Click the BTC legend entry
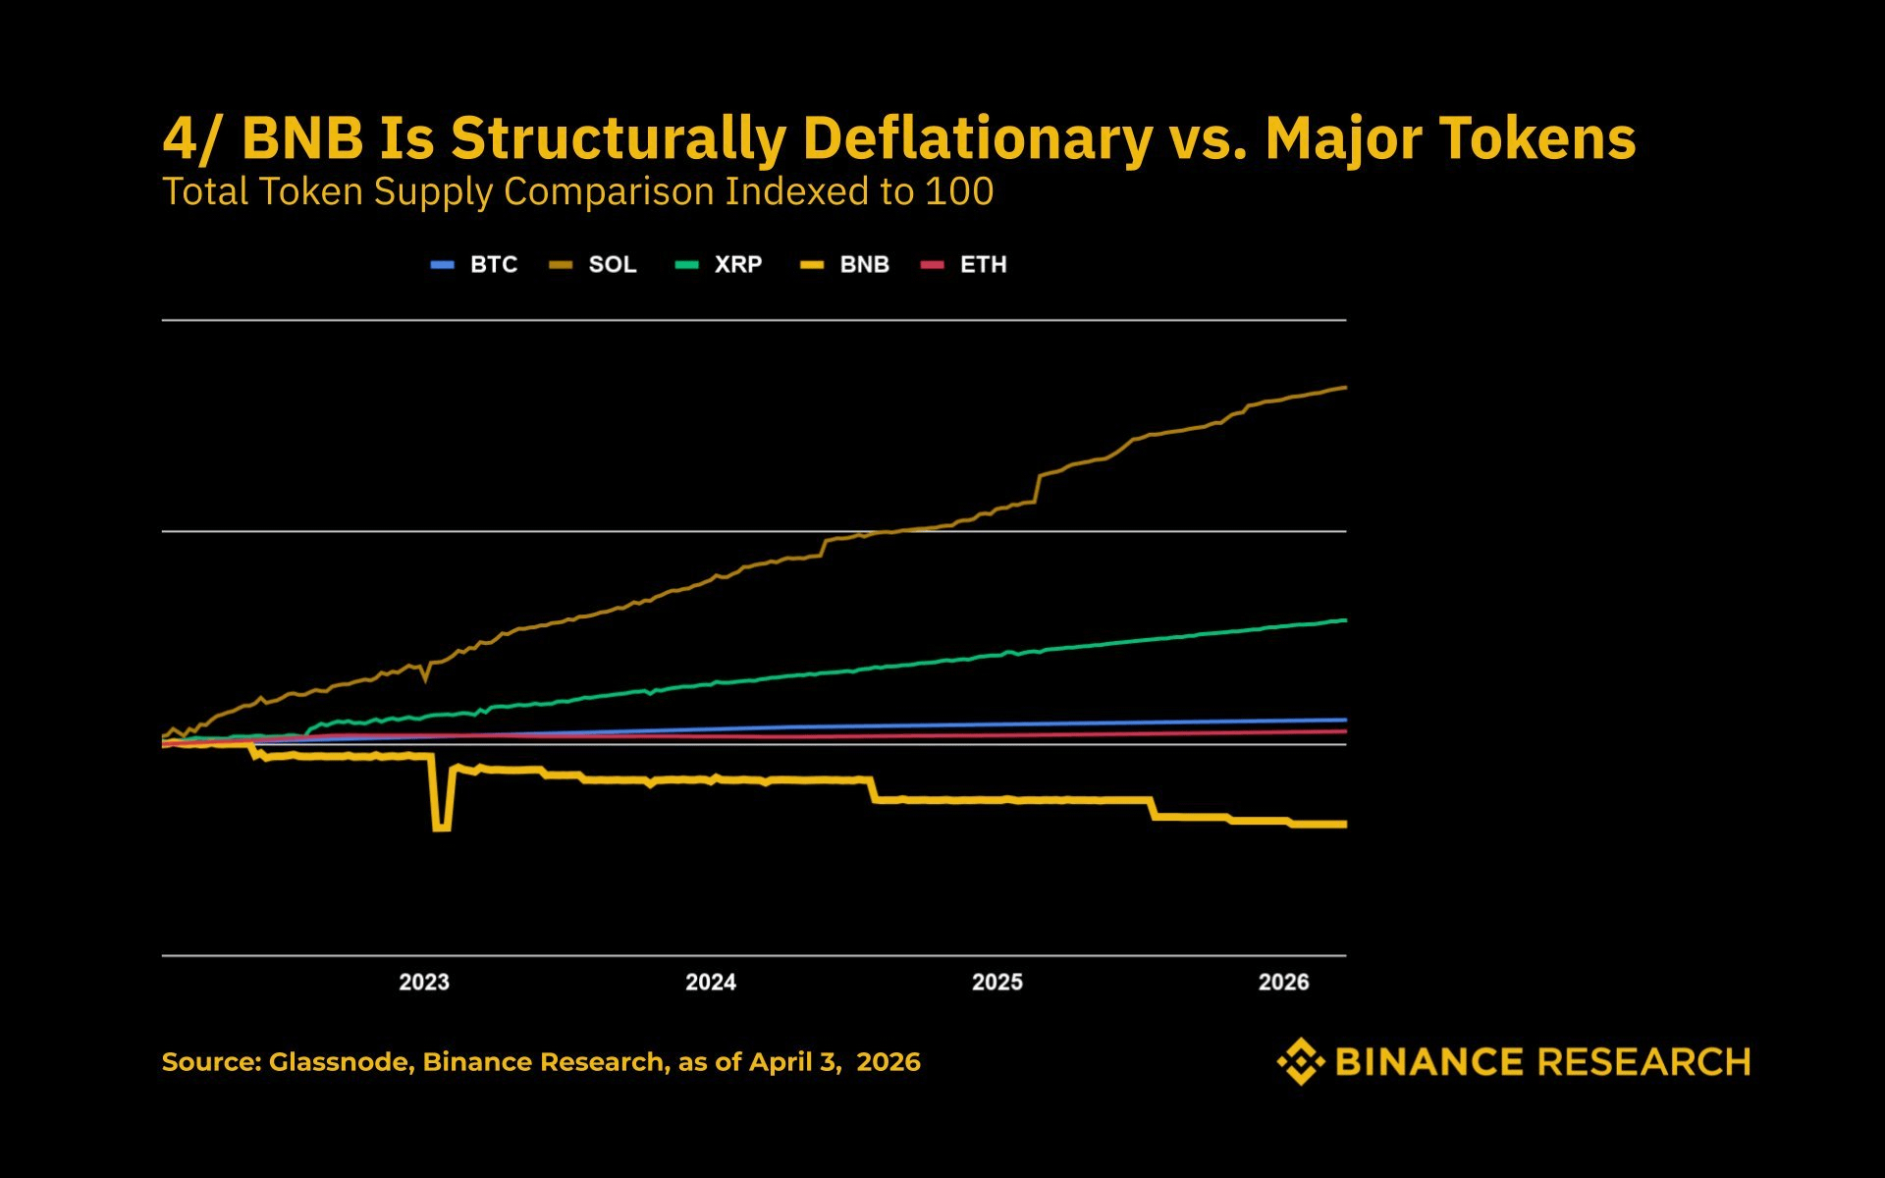(474, 265)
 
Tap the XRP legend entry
(719, 265)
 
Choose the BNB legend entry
(845, 265)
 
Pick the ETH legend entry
(964, 265)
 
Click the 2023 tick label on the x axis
(424, 982)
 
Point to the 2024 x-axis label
(711, 982)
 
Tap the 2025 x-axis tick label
(997, 982)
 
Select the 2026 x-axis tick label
(1284, 982)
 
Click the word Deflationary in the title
(977, 138)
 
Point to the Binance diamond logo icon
(1301, 1061)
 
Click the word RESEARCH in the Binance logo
(1643, 1062)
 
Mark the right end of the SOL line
(1344, 388)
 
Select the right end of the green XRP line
(1344, 620)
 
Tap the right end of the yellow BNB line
(1344, 825)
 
